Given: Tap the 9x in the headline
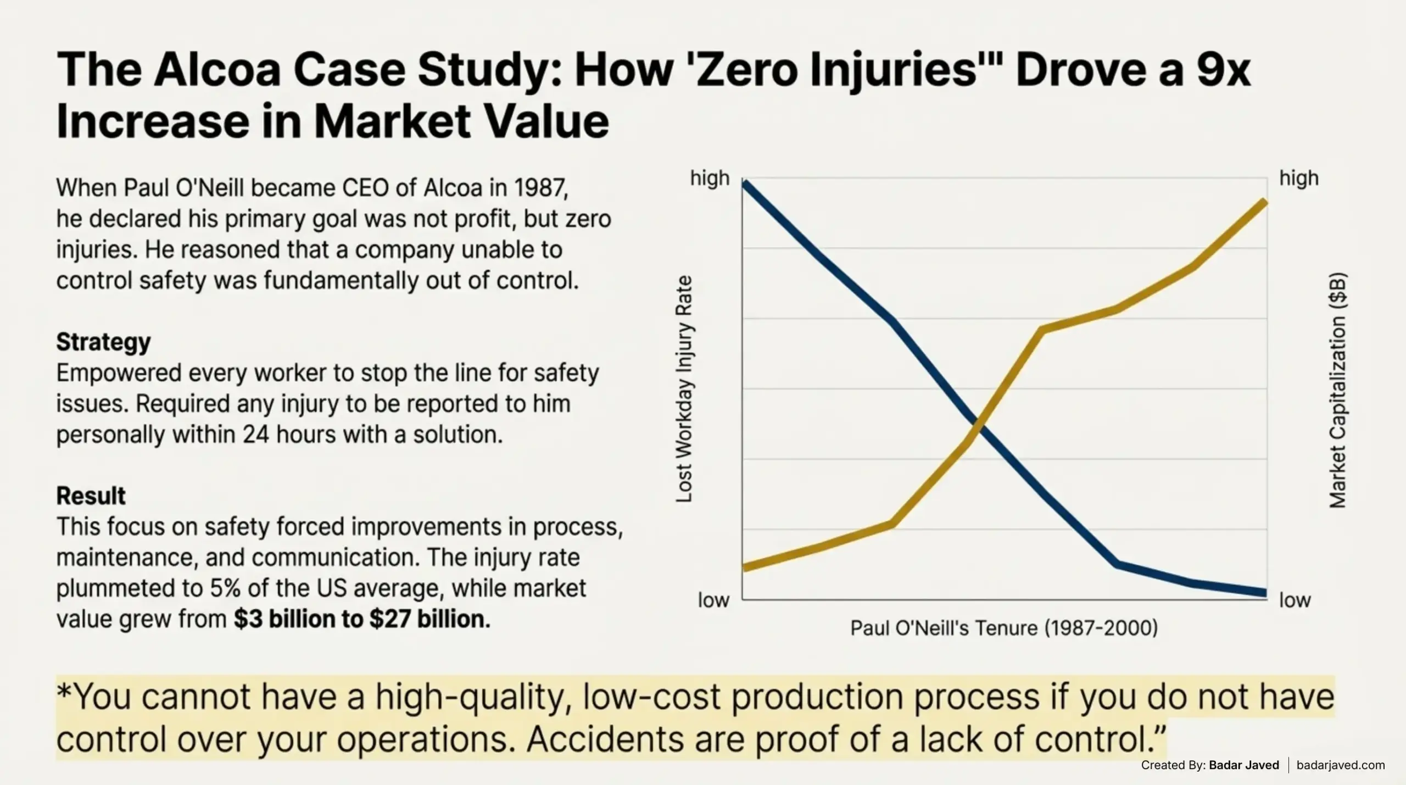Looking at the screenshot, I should click(1223, 70).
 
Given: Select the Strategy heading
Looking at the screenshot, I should click(103, 342).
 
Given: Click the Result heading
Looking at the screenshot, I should click(91, 496).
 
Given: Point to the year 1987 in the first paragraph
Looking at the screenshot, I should click(540, 188).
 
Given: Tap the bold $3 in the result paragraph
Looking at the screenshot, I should click(245, 619).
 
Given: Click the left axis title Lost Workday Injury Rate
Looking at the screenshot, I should click(684, 389).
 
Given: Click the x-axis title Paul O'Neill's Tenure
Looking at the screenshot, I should click(1004, 628).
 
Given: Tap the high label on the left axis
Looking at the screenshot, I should click(710, 179).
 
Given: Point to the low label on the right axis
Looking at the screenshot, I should click(1295, 600).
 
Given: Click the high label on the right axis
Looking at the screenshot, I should click(1299, 179).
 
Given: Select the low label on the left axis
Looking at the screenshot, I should click(713, 600).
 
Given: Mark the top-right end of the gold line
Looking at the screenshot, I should click(1265, 203).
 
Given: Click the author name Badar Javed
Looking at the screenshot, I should click(1244, 765).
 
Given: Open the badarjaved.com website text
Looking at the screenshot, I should click(1341, 765).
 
